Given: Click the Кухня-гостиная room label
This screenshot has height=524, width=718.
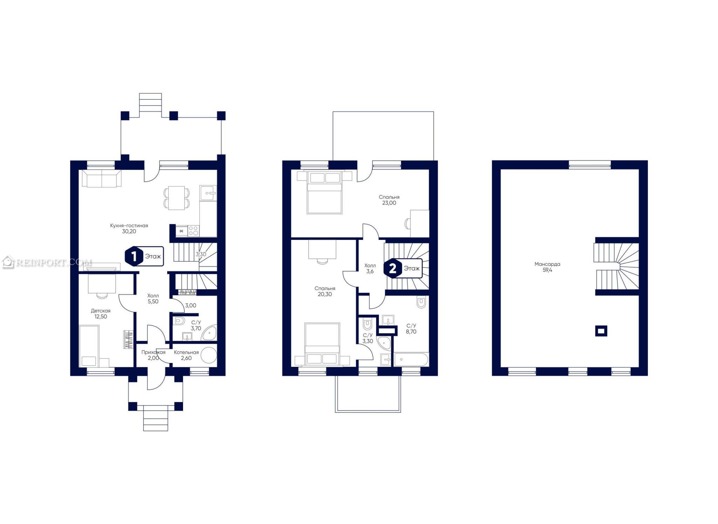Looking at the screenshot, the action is (x=129, y=226).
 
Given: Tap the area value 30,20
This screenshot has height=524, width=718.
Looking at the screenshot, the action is (x=129, y=231).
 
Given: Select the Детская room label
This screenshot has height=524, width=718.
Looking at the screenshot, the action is (x=101, y=311).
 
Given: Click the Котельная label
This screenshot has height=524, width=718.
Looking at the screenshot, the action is (x=186, y=352).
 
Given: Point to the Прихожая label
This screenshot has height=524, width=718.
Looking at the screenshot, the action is (x=153, y=352).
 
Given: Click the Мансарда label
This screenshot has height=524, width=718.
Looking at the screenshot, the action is (x=547, y=264).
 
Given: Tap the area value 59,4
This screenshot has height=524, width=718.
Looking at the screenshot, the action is (x=547, y=270).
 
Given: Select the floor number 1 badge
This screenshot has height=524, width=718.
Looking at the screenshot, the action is (x=134, y=256).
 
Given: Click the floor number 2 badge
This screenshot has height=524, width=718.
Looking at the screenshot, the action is (x=392, y=269).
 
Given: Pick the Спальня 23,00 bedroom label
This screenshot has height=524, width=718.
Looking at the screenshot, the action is (x=389, y=200).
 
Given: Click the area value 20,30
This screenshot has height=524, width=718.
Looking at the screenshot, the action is (x=325, y=294).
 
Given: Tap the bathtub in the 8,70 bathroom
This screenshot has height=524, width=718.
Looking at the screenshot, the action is (x=411, y=360).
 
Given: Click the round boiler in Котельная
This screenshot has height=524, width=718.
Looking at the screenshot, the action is (x=209, y=355).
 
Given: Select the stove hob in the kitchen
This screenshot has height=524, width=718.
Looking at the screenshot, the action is (x=193, y=231).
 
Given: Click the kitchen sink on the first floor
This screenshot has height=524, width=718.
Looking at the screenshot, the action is (x=208, y=193).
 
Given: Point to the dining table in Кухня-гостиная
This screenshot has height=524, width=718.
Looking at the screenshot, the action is (x=176, y=198).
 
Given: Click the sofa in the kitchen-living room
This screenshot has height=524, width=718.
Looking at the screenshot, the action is (x=102, y=178).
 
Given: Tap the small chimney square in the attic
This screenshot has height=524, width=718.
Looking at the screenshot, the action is (x=601, y=331).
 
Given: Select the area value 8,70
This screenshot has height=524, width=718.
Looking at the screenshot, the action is (x=411, y=332).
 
